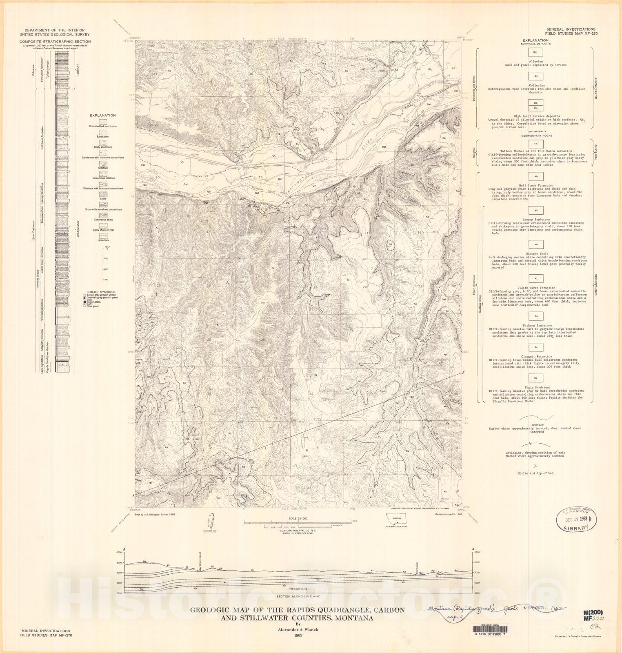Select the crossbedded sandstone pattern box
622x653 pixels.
[x=103, y=121]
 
